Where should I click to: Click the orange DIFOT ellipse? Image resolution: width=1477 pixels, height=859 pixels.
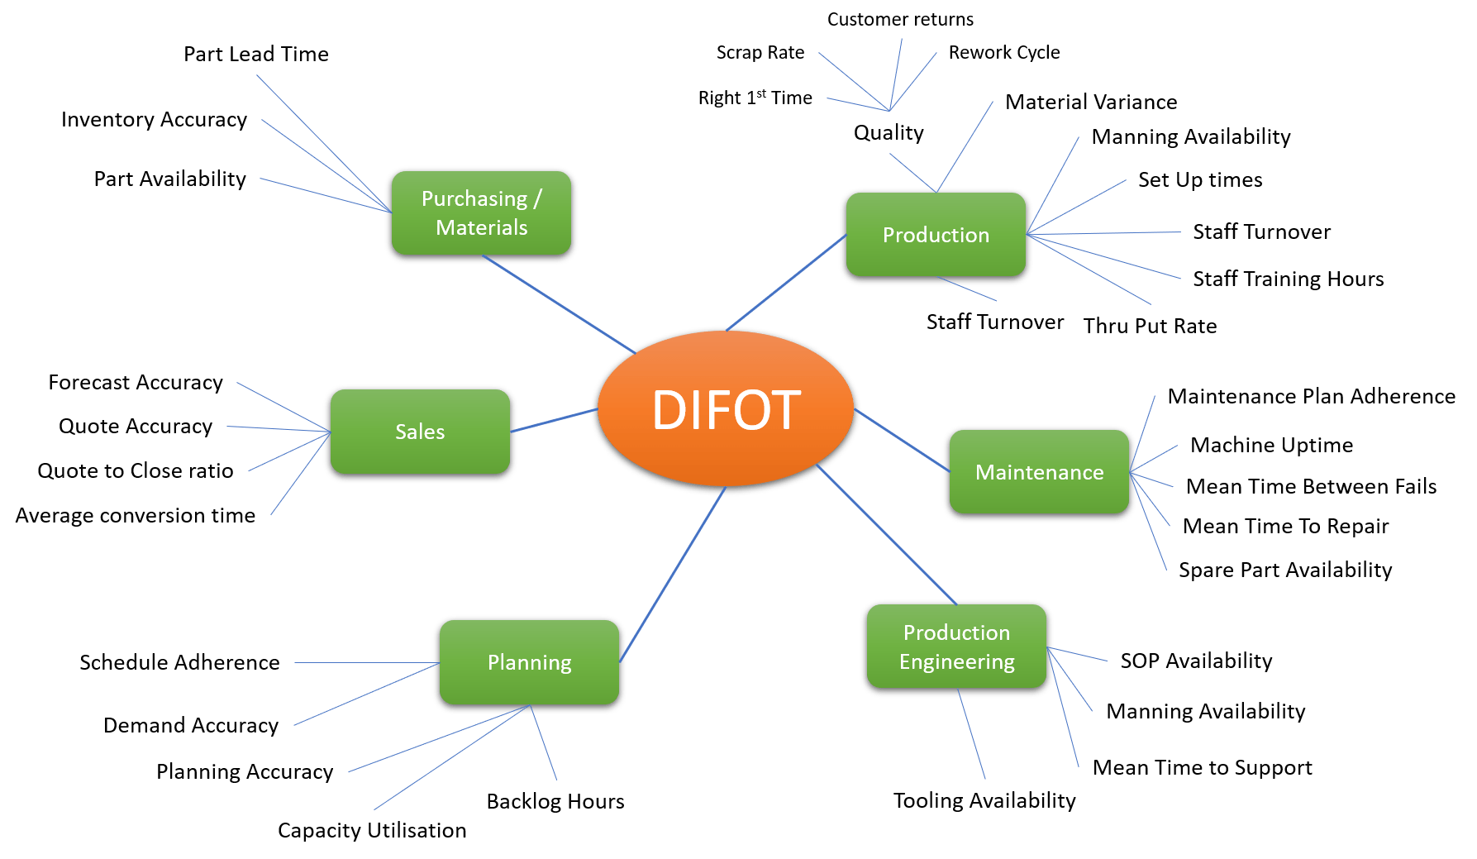tap(726, 409)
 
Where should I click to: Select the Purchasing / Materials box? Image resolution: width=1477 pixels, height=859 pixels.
tap(481, 213)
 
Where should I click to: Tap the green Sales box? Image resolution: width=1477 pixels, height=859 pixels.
tap(420, 432)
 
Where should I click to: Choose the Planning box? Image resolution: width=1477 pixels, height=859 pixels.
tap(529, 662)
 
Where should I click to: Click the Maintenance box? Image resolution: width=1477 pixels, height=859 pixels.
tap(1039, 472)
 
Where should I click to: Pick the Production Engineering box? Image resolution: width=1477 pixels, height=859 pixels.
tap(956, 647)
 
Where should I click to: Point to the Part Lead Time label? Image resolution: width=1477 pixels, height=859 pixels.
tap(256, 55)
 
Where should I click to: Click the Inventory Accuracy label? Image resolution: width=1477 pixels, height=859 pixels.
tap(154, 120)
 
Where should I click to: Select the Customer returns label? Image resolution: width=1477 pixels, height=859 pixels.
tap(900, 20)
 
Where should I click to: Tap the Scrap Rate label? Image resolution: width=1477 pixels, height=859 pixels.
tap(760, 53)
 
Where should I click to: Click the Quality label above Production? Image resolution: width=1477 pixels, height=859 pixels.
tap(889, 133)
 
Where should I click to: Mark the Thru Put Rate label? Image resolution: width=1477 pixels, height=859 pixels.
tap(1150, 327)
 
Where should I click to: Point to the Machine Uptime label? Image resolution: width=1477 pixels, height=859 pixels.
tap(1271, 446)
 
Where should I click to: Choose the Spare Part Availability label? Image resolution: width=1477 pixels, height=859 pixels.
tap(1285, 570)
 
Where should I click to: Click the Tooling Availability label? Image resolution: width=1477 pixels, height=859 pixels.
tap(984, 800)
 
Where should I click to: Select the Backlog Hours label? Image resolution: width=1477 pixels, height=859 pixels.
tap(555, 801)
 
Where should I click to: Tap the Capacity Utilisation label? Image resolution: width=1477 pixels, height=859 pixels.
tap(372, 830)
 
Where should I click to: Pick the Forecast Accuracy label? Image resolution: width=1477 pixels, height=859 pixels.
tap(136, 383)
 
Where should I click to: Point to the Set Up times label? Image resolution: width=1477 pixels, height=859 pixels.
tap(1200, 180)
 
